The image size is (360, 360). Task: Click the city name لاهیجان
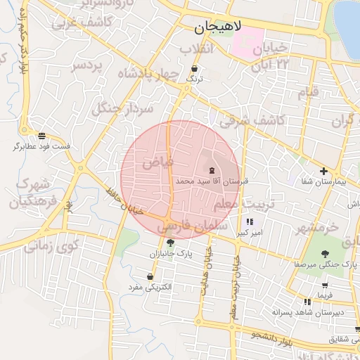pyautogui.click(x=218, y=28)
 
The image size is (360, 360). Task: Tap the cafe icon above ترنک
pyautogui.click(x=194, y=69)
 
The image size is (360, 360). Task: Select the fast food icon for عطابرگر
pyautogui.click(x=42, y=135)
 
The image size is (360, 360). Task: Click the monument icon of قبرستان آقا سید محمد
pyautogui.click(x=212, y=170)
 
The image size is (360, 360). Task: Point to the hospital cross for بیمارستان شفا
pyautogui.click(x=323, y=171)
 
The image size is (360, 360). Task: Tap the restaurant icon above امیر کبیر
pyautogui.click(x=250, y=221)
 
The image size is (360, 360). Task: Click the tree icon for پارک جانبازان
pyautogui.click(x=169, y=242)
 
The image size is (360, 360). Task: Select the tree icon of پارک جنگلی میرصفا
pyautogui.click(x=324, y=254)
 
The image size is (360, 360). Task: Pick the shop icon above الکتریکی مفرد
pyautogui.click(x=150, y=276)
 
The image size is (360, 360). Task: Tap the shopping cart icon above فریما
pyautogui.click(x=324, y=285)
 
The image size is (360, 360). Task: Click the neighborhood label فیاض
pyautogui.click(x=157, y=162)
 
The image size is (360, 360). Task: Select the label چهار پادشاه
pyautogui.click(x=148, y=75)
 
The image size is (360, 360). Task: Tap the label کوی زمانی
pyautogui.click(x=51, y=247)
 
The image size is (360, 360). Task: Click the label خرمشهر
pyautogui.click(x=316, y=229)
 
